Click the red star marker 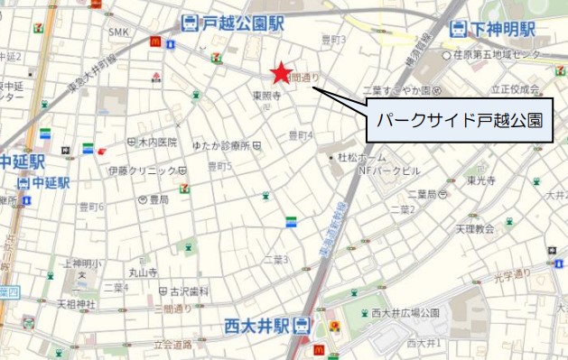click(281, 72)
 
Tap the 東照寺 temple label click(266, 95)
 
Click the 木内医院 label click(158, 143)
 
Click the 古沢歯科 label click(188, 291)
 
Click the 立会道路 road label click(173, 344)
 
